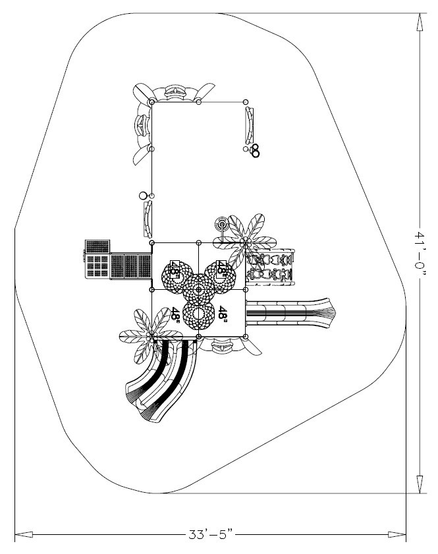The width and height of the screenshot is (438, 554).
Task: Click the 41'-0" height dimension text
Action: point(420,254)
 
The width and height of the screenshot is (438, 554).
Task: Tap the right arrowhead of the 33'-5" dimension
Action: point(397,535)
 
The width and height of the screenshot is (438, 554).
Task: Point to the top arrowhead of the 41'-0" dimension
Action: point(420,22)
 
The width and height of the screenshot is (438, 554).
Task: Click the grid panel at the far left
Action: point(96,261)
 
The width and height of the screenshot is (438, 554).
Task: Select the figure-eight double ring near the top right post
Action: point(255,151)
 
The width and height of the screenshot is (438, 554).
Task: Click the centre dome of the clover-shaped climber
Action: point(198,287)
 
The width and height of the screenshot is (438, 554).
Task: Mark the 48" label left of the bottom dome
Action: point(176,313)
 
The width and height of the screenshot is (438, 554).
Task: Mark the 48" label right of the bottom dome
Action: point(223,313)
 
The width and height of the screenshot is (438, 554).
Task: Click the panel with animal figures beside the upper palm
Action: point(270,265)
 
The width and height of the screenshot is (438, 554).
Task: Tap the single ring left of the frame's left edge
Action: point(142,196)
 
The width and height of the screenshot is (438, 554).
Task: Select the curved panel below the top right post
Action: point(248,125)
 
